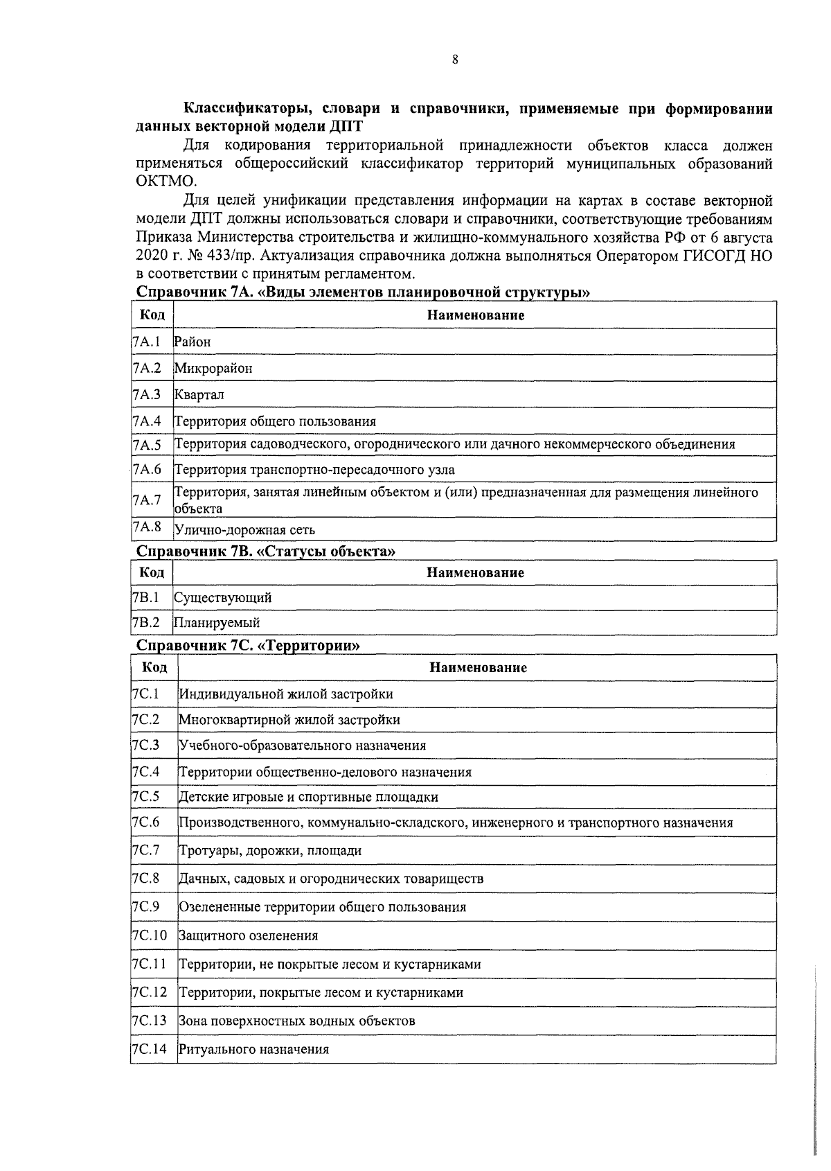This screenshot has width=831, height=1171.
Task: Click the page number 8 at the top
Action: coord(455,60)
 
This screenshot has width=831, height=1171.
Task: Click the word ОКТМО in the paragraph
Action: coord(167,182)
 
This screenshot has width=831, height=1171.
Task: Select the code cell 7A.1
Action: coord(147,342)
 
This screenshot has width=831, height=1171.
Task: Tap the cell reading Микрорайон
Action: coord(213,369)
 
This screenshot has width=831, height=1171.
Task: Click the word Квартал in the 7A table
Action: coord(199,395)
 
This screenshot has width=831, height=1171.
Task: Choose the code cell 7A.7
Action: coord(147,500)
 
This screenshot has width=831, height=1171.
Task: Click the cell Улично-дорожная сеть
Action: coord(244,530)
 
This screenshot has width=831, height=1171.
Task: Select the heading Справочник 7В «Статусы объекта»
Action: coord(267,552)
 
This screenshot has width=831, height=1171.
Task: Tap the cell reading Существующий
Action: coord(222,597)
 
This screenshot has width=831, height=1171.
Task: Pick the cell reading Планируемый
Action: coord(217,623)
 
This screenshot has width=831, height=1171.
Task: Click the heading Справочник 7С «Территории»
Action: coord(249,646)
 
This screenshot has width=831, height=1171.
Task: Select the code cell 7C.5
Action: coord(146,797)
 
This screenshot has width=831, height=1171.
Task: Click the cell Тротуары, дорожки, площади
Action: coord(270,851)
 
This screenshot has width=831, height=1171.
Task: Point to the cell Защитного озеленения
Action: coord(248,936)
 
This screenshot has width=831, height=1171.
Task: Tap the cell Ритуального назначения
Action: coord(253,1050)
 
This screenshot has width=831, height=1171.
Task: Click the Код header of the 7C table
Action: coord(154,667)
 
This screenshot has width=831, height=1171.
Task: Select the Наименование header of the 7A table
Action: coord(475,315)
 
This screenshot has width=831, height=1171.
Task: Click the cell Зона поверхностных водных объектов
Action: coord(297,1021)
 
